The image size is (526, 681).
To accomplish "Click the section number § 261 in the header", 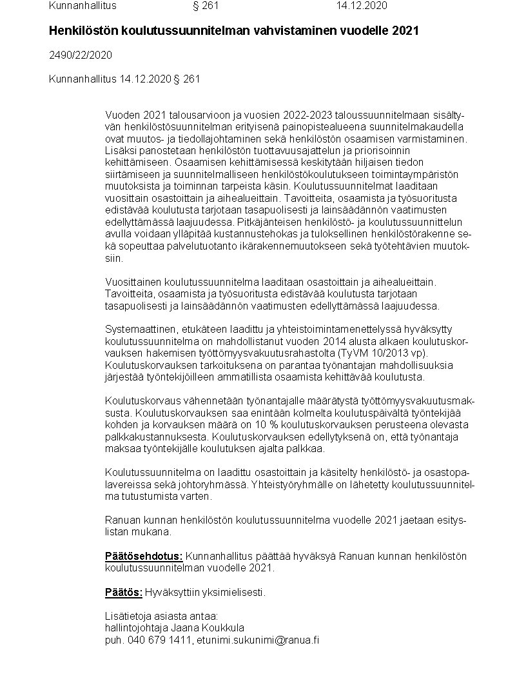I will [x=206, y=6].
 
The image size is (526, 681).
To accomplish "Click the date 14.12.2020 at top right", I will [x=362, y=6].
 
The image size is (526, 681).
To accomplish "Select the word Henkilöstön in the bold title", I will [x=79, y=30].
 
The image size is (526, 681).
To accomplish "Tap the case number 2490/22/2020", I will [x=81, y=55].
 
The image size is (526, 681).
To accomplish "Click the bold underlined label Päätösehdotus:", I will [x=144, y=557].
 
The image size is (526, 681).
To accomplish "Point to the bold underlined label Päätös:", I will [x=123, y=593].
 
